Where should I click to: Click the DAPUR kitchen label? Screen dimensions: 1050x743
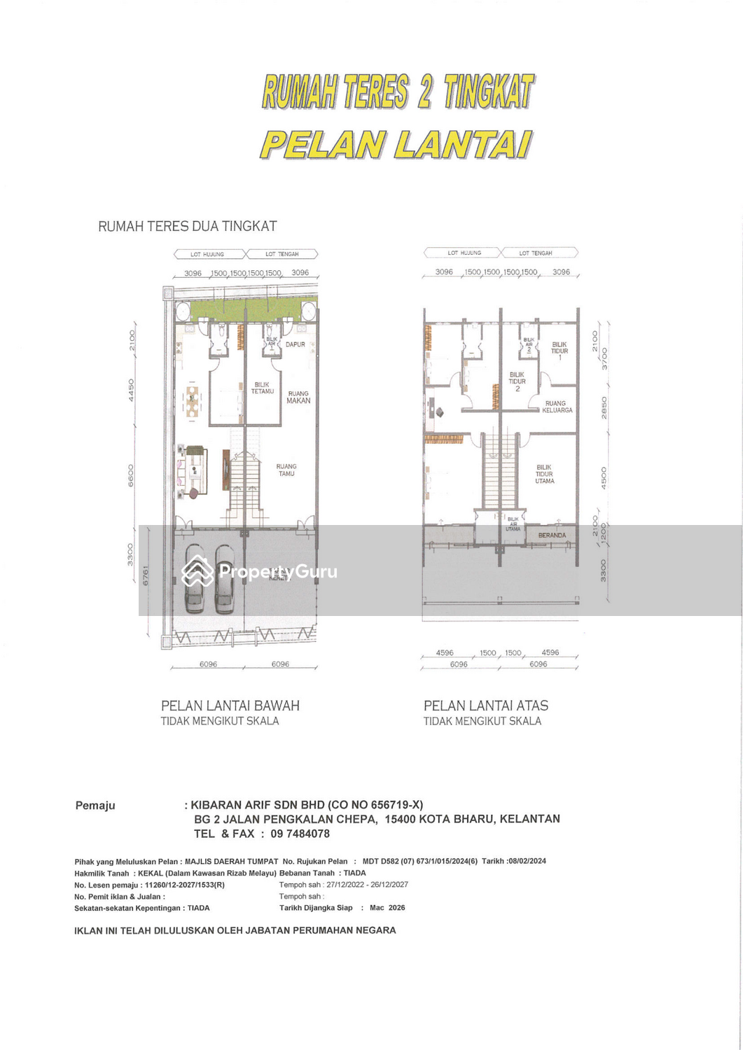[295, 344]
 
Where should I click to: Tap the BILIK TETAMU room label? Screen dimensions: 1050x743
[263, 388]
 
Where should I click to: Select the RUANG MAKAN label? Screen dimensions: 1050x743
[298, 397]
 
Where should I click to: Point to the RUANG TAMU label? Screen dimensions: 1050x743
[286, 470]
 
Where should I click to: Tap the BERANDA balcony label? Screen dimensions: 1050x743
[552, 535]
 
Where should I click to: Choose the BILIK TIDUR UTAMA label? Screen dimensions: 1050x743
[544, 474]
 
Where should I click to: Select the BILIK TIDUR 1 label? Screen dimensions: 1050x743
[560, 351]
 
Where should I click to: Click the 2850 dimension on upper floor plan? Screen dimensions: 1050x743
[604, 407]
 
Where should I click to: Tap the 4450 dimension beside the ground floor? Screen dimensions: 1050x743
[131, 391]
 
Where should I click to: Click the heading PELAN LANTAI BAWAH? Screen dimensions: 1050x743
[230, 706]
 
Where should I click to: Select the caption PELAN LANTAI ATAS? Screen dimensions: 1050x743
[486, 706]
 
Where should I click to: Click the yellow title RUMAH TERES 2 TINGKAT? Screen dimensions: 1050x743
[398, 92]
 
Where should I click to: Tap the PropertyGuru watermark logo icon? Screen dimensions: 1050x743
[197, 571]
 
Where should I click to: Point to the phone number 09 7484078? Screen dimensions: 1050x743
[300, 834]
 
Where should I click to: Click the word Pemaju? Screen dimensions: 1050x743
[95, 806]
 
